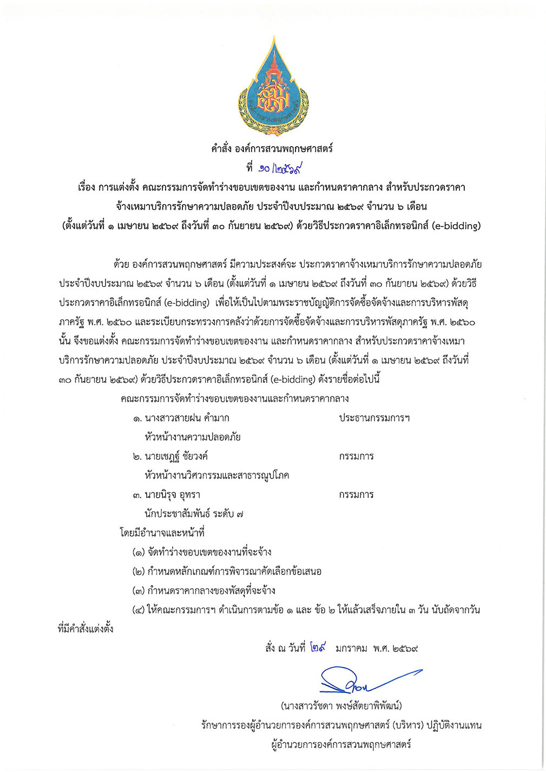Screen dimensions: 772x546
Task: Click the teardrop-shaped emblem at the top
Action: [273, 87]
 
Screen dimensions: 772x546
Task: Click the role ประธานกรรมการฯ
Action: [374, 418]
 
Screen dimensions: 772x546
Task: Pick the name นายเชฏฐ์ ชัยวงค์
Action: [176, 456]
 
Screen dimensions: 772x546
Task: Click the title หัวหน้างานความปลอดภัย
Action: [193, 437]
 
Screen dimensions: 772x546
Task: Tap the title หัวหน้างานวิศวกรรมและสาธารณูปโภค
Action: [217, 475]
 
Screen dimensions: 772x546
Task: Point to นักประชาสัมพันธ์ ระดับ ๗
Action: [194, 514]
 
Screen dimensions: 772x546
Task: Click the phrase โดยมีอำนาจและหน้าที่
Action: [162, 533]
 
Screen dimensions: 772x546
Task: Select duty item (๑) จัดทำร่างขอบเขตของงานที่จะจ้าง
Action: [202, 552]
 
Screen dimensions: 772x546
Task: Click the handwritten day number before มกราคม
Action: [318, 647]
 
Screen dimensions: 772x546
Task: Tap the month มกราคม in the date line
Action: [351, 648]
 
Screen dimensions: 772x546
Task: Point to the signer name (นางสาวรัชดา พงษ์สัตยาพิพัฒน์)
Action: [341, 706]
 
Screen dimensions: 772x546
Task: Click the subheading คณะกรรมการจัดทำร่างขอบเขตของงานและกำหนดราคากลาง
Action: [235, 399]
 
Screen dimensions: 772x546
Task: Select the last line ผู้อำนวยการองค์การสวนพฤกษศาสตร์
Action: [341, 744]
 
